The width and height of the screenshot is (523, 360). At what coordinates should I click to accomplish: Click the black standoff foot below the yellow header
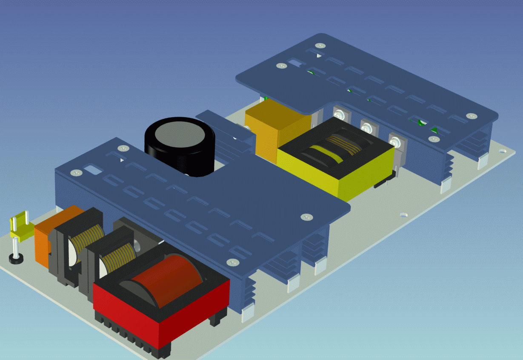point(16,258)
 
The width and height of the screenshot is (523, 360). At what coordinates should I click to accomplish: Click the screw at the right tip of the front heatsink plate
point(306,217)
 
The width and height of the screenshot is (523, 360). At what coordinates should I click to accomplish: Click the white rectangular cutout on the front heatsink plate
point(94,169)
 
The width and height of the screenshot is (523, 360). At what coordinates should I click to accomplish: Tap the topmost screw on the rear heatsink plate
point(320,45)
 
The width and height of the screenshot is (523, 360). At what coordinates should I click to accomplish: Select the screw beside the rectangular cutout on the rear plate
point(281,66)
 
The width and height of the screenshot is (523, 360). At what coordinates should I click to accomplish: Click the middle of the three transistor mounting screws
point(367,126)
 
